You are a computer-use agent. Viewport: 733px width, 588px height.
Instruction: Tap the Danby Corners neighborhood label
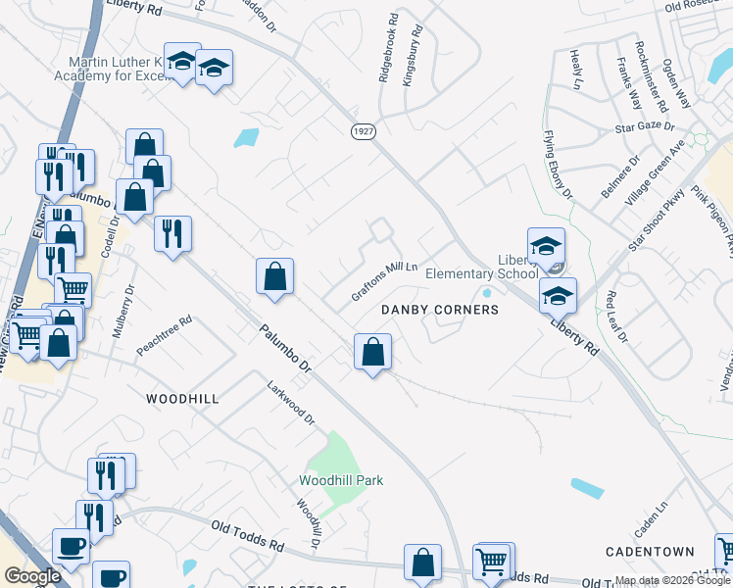click(x=440, y=310)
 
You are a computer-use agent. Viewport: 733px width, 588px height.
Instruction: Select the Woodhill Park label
click(x=341, y=480)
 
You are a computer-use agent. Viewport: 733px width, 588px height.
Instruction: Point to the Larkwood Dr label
click(x=291, y=403)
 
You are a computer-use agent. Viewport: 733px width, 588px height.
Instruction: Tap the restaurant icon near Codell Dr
click(x=172, y=233)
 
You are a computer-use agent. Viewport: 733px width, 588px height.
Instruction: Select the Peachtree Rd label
click(x=165, y=335)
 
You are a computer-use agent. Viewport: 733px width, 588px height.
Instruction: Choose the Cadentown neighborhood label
click(x=650, y=552)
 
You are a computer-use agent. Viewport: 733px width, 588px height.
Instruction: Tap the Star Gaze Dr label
click(x=645, y=126)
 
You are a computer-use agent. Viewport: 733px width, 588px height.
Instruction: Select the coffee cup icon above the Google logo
click(x=70, y=546)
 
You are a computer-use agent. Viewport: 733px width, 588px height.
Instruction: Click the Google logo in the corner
click(x=32, y=576)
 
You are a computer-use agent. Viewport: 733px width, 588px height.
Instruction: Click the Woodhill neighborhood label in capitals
click(x=182, y=399)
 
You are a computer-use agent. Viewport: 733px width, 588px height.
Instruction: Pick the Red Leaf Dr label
click(x=616, y=316)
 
